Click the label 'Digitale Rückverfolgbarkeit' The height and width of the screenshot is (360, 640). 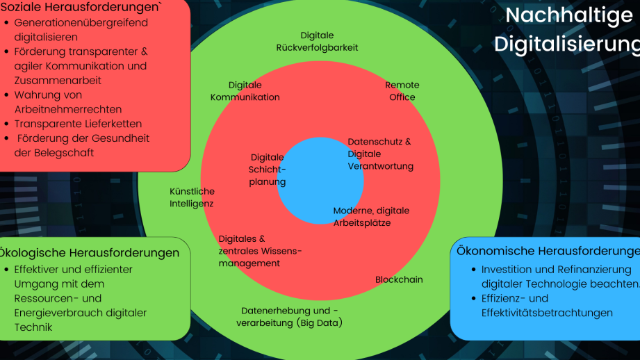(x=317, y=42)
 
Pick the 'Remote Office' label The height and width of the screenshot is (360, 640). (x=402, y=91)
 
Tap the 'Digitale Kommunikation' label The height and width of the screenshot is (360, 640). (x=245, y=91)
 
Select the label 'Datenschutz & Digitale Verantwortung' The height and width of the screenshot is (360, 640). (x=380, y=154)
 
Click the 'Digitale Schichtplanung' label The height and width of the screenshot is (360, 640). (x=268, y=170)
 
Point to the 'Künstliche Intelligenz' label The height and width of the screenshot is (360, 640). (x=192, y=197)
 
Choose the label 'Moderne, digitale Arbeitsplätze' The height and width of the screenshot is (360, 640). (x=371, y=217)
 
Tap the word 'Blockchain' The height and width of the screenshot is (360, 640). (x=399, y=279)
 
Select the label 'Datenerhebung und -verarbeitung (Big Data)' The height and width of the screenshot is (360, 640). (x=290, y=317)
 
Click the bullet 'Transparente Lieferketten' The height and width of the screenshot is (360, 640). (x=78, y=124)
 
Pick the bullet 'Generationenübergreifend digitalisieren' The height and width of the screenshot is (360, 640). (x=81, y=30)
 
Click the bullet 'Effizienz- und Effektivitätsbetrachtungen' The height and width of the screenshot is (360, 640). (x=547, y=306)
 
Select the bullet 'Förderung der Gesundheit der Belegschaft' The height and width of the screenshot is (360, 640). (x=81, y=145)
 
